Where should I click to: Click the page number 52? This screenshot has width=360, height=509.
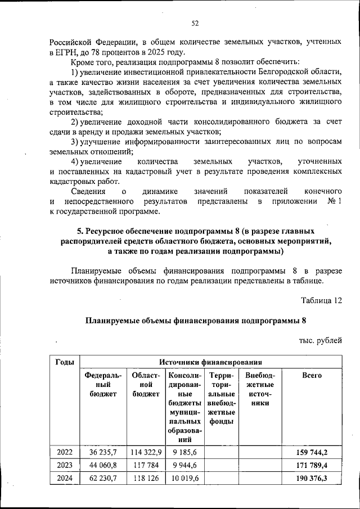[x=195, y=23]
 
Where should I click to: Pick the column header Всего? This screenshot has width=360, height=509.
[x=312, y=375]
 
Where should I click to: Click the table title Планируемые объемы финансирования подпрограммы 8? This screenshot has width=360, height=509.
[x=196, y=322]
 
